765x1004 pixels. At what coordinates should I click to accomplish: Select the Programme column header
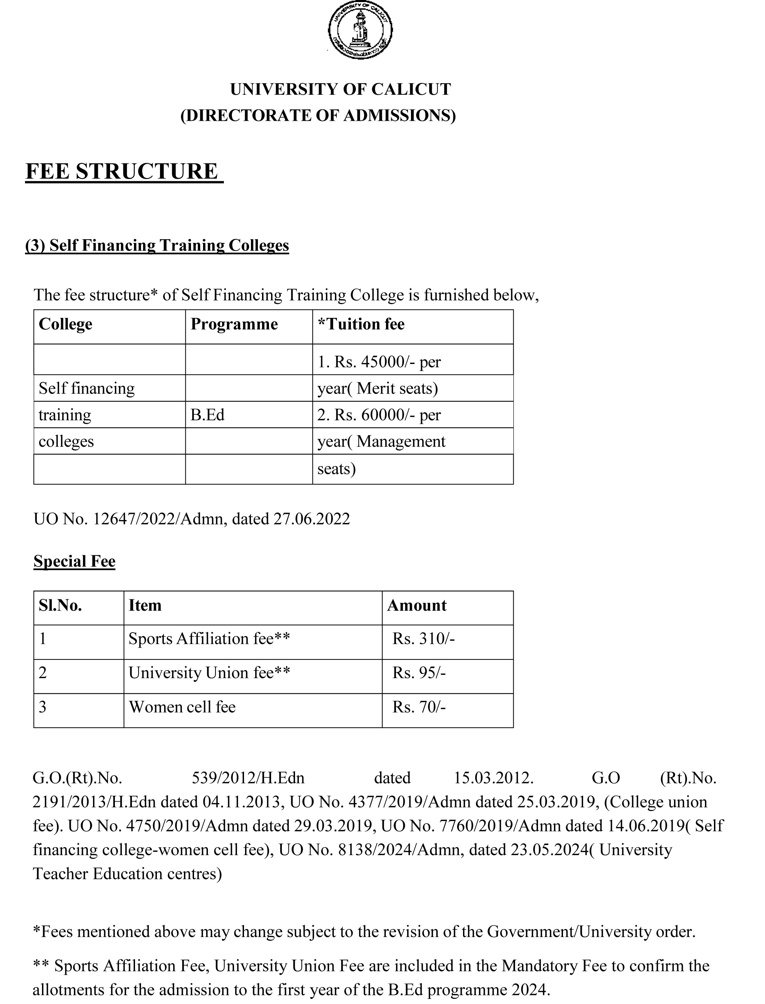[x=234, y=324]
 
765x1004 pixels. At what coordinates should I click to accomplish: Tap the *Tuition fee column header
[x=361, y=324]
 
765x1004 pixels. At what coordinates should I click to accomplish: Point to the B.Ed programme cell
[x=208, y=415]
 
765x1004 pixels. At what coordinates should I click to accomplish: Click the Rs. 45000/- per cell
[x=379, y=362]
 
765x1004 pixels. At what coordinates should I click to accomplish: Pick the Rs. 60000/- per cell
[x=379, y=415]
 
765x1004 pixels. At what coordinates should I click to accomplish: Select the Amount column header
[x=417, y=605]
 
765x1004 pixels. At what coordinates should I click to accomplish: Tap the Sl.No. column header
[x=60, y=605]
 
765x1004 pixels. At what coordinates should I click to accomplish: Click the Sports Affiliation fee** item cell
[x=209, y=639]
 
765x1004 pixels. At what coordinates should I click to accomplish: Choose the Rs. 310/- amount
[x=423, y=639]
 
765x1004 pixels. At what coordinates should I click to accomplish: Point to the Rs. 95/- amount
[x=419, y=673]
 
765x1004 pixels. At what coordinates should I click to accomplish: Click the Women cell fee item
[x=182, y=707]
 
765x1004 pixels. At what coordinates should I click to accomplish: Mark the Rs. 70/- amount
[x=419, y=707]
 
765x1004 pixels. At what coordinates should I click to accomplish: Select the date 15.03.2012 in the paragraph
[x=494, y=778]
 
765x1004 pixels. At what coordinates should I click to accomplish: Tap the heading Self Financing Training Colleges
[x=157, y=245]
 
